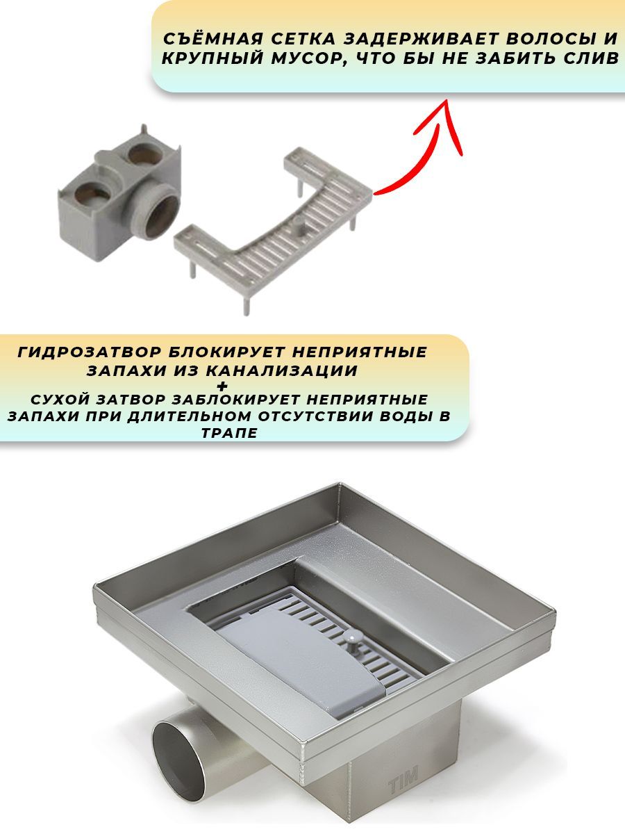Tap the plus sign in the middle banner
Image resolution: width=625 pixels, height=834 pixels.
(222, 386)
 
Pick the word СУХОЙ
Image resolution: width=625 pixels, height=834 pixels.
(60, 400)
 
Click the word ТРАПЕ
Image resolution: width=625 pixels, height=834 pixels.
(230, 433)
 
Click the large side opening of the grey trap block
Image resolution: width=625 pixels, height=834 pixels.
(161, 218)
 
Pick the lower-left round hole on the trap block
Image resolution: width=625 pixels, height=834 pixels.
(92, 193)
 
